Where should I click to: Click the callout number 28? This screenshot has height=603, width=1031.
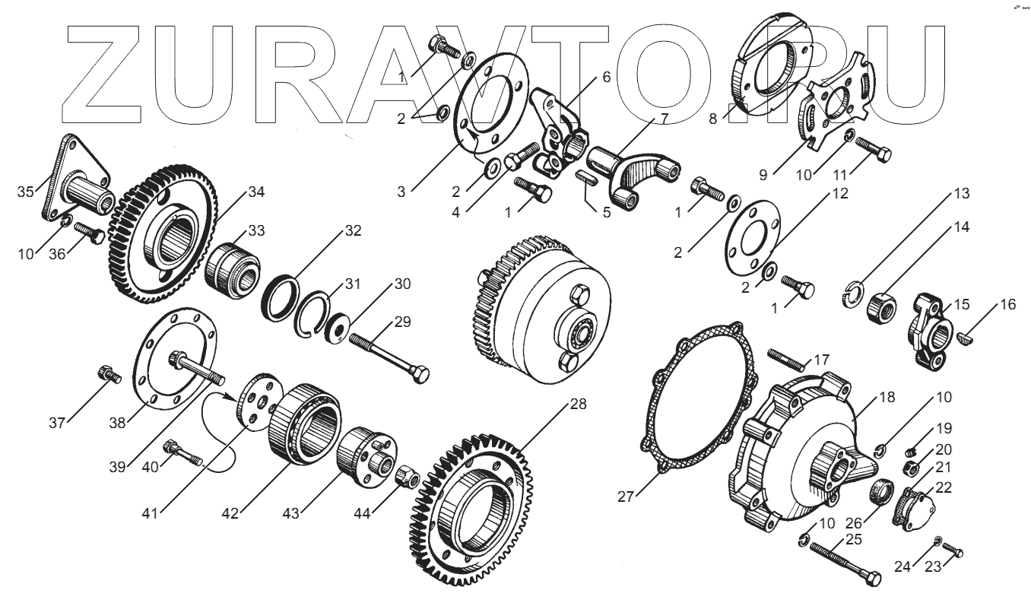tap(579, 404)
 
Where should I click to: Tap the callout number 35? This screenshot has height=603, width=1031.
tap(25, 190)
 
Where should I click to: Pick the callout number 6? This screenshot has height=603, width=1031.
tap(606, 77)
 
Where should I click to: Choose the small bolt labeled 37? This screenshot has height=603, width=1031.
tap(106, 374)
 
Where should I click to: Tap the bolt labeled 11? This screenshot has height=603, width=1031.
tap(875, 148)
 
